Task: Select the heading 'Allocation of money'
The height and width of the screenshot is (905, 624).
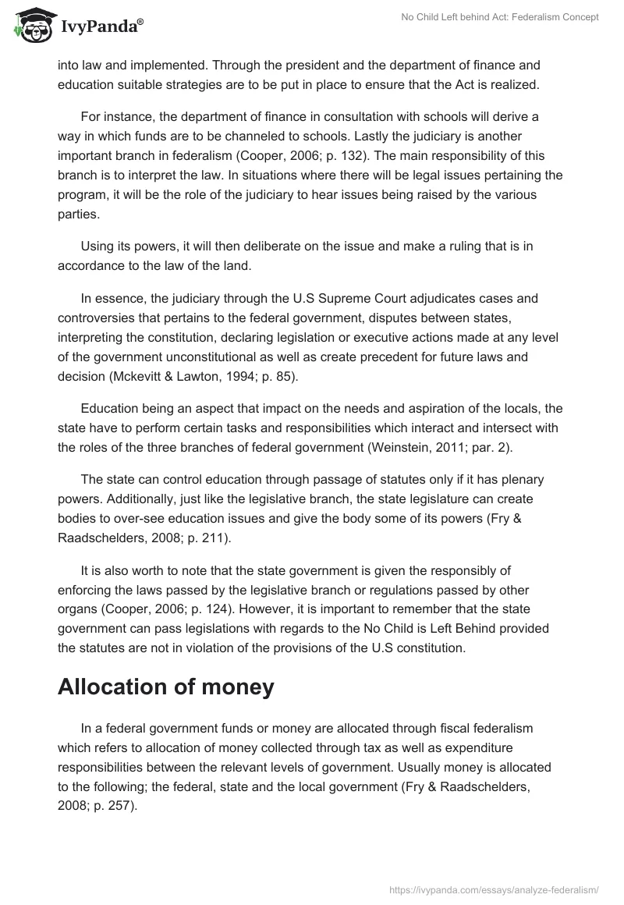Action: coord(166,687)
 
